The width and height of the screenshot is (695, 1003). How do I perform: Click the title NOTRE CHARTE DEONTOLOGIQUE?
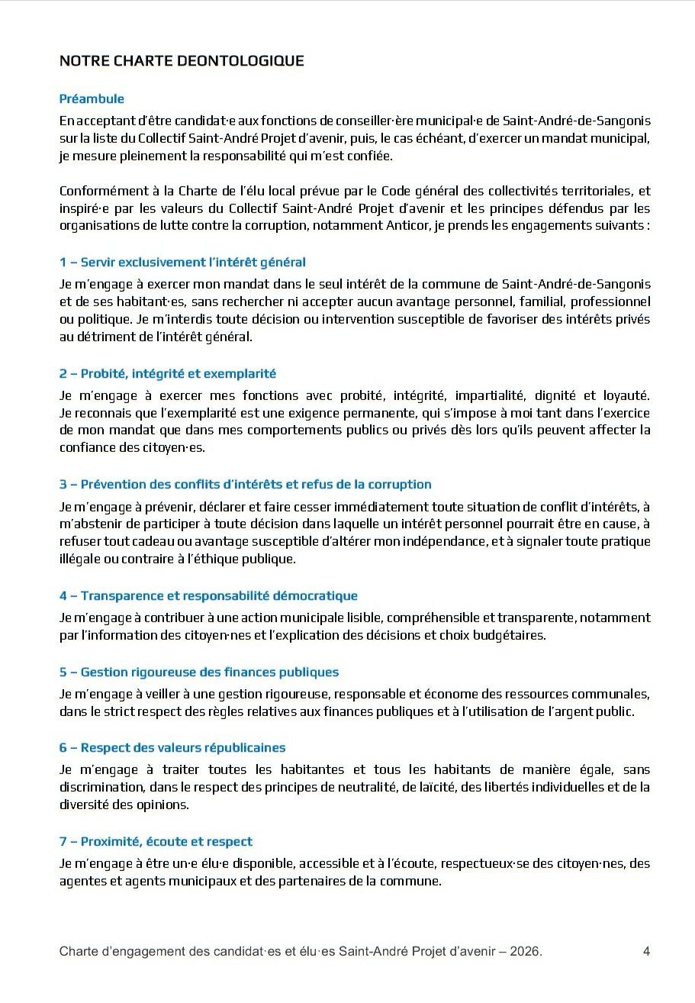coord(182,61)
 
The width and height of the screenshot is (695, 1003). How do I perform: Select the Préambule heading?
coord(92,98)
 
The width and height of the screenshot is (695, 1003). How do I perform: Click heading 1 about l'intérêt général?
coord(182,262)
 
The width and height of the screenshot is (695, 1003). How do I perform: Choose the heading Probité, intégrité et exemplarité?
coord(168,373)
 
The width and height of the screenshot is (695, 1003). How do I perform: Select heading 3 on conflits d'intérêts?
coord(245,484)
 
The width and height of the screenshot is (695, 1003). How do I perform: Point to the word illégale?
coord(80,559)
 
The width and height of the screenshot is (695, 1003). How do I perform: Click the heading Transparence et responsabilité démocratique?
coord(208,595)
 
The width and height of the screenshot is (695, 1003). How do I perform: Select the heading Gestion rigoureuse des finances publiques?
coord(199,672)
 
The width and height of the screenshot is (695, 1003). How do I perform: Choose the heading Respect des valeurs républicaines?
coord(172,747)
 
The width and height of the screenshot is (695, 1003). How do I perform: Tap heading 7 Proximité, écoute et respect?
coord(156,841)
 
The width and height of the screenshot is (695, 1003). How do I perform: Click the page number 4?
coord(646,951)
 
